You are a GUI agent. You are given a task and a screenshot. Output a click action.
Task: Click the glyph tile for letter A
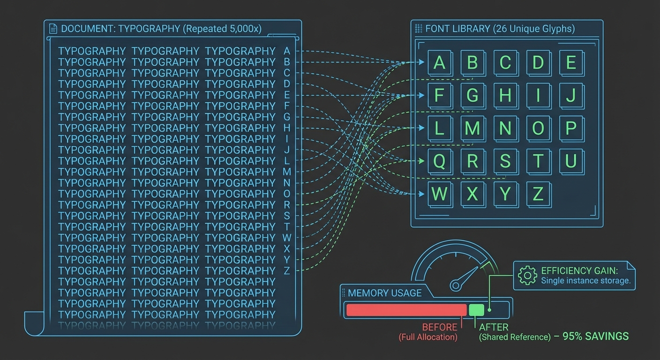439,62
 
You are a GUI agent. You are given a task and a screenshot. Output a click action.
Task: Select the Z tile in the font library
538,194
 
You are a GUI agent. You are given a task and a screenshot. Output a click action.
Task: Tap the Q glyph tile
439,161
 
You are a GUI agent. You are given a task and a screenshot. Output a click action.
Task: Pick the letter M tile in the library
472,128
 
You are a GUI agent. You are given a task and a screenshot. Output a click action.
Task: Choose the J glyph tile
571,95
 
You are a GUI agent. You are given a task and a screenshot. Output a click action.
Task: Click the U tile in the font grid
571,161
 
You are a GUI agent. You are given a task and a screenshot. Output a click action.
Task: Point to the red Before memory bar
406,310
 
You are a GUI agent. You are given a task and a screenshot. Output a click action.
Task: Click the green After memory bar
476,310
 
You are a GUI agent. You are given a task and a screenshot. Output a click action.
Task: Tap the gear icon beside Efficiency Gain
527,276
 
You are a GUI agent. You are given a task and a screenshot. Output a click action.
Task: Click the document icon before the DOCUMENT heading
53,29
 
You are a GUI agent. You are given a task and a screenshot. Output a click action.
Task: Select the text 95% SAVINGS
595,336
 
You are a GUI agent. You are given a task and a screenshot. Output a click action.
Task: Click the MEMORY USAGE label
385,293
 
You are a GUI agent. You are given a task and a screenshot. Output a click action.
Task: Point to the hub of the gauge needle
456,285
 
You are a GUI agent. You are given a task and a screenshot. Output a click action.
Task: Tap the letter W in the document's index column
287,238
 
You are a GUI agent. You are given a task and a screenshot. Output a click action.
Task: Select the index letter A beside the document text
287,51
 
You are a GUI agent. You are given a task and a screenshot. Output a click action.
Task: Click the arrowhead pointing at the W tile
421,194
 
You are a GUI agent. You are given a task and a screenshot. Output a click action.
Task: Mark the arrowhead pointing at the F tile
421,95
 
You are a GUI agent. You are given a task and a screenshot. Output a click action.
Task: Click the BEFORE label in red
440,327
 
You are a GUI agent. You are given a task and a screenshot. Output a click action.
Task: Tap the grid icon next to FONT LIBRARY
419,29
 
